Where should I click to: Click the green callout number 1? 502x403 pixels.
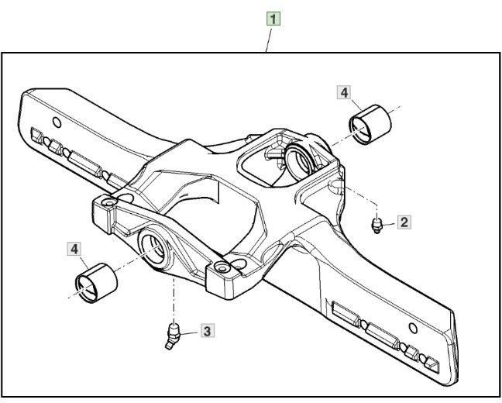[x=274, y=16]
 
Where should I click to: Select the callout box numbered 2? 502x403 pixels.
[x=404, y=222]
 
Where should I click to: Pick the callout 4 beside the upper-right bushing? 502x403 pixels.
[x=344, y=92]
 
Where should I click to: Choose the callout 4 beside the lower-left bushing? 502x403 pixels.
[x=75, y=249]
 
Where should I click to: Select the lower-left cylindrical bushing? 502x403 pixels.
[x=95, y=281]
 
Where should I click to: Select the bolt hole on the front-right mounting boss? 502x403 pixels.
[x=223, y=267]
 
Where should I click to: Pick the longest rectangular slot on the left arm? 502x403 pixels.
[x=84, y=164]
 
